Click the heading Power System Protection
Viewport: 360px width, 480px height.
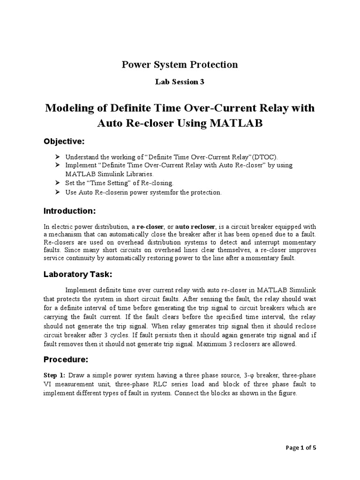[x=180, y=65]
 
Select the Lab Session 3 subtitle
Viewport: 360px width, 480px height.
[x=180, y=82]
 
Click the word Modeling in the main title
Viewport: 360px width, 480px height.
[x=69, y=108]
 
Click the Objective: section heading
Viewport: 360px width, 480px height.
[x=64, y=142]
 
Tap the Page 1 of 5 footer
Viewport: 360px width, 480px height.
[x=301, y=448]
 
